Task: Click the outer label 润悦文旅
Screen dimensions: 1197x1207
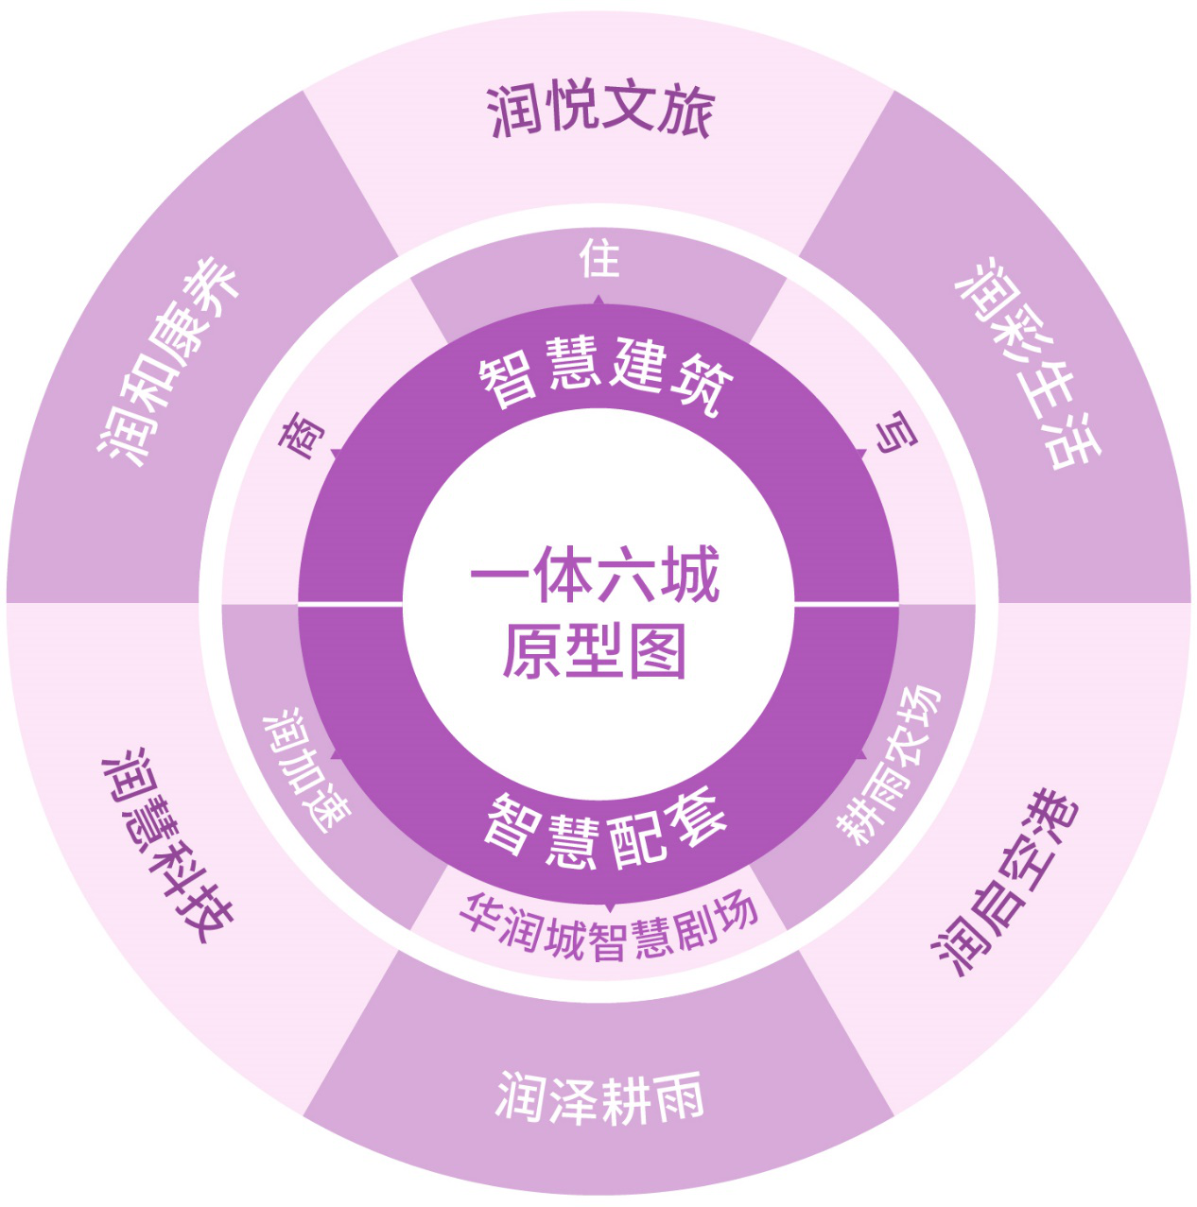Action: tap(599, 111)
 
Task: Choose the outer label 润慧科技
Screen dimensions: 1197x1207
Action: tap(167, 846)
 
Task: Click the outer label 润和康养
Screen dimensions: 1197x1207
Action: tap(168, 361)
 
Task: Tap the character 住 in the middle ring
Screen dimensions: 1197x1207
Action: tap(599, 258)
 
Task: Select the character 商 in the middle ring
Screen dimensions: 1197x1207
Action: tap(302, 435)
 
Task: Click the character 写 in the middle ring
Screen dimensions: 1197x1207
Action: tap(896, 432)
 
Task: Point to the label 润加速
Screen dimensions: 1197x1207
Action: tap(306, 769)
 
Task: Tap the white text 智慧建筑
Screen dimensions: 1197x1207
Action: tap(605, 373)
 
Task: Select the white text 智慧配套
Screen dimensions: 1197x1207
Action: tap(605, 827)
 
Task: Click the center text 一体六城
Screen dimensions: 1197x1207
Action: tap(595, 574)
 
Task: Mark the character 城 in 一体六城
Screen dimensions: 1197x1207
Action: tap(689, 574)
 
